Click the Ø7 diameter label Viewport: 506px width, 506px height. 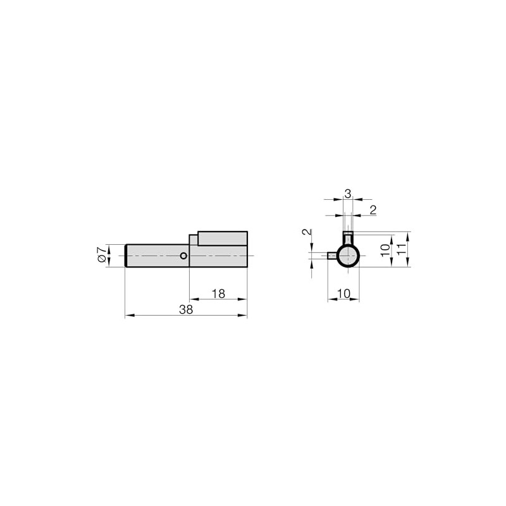pos(101,256)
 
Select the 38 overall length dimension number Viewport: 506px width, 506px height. pos(185,309)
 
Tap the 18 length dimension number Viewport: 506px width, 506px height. pos(218,293)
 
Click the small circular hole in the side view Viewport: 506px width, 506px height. pos(183,256)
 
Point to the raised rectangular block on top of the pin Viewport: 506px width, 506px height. pos(222,238)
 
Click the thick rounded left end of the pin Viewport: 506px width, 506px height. pos(127,256)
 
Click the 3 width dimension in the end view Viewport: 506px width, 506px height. pos(348,194)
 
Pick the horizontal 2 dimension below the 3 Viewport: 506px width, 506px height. pos(373,210)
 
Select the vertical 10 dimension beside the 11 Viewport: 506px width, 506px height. pos(385,249)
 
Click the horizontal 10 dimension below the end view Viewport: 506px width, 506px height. pos(343,293)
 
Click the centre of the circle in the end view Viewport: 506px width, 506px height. pos(347,256)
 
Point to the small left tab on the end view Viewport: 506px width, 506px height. pos(331,256)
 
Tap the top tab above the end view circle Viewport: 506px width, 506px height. pos(347,238)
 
